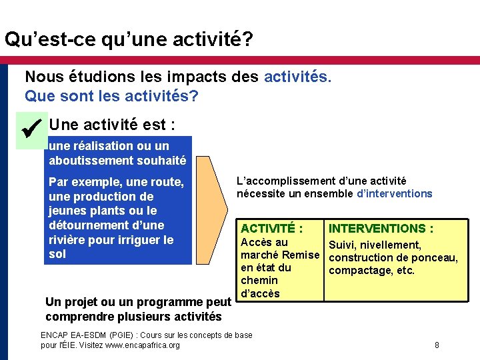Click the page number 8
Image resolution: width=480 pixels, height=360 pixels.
click(x=437, y=345)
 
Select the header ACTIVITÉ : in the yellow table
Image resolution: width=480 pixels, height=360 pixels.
click(x=271, y=229)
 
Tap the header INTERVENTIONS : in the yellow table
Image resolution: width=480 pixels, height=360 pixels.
click(x=381, y=229)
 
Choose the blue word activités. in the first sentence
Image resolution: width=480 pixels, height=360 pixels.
click(x=297, y=77)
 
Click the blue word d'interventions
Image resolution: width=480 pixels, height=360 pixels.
click(x=395, y=194)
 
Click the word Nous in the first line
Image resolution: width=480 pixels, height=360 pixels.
click(x=42, y=77)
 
